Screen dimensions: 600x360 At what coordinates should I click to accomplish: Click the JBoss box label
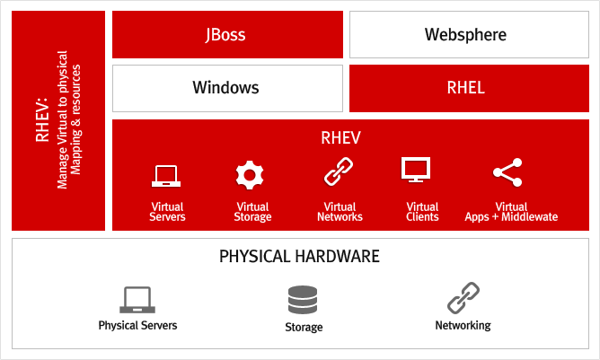pyautogui.click(x=225, y=35)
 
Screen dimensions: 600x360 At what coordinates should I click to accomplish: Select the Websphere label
pyautogui.click(x=465, y=35)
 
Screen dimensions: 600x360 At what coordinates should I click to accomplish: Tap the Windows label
pyautogui.click(x=225, y=88)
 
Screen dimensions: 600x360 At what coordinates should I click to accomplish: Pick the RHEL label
pyautogui.click(x=465, y=88)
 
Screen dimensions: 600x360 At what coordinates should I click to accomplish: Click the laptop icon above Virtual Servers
pyautogui.click(x=166, y=176)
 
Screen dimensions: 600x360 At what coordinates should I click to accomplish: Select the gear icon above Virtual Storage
pyautogui.click(x=250, y=175)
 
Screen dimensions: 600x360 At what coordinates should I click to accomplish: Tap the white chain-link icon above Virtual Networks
pyautogui.click(x=339, y=171)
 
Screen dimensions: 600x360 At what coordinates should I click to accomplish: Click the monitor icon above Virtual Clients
pyautogui.click(x=416, y=170)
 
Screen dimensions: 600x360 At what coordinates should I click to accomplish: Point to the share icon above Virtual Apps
pyautogui.click(x=507, y=172)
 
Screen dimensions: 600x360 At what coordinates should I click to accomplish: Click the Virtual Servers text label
pyautogui.click(x=167, y=212)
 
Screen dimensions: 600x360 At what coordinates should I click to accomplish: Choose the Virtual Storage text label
pyautogui.click(x=252, y=212)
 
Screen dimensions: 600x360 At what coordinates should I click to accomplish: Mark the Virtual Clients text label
pyautogui.click(x=422, y=212)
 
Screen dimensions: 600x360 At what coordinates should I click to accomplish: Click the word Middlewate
pyautogui.click(x=530, y=217)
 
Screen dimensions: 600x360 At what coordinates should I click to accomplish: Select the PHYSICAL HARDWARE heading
pyautogui.click(x=299, y=257)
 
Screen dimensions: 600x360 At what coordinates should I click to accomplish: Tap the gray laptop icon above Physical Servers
pyautogui.click(x=137, y=300)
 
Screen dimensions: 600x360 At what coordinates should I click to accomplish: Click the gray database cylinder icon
pyautogui.click(x=303, y=300)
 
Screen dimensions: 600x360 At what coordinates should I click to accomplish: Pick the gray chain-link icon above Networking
pyautogui.click(x=463, y=298)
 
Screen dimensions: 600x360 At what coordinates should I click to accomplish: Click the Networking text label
pyautogui.click(x=463, y=326)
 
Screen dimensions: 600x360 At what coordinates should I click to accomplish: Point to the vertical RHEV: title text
pyautogui.click(x=42, y=120)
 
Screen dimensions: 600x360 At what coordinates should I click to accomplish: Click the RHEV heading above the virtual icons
pyautogui.click(x=340, y=138)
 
